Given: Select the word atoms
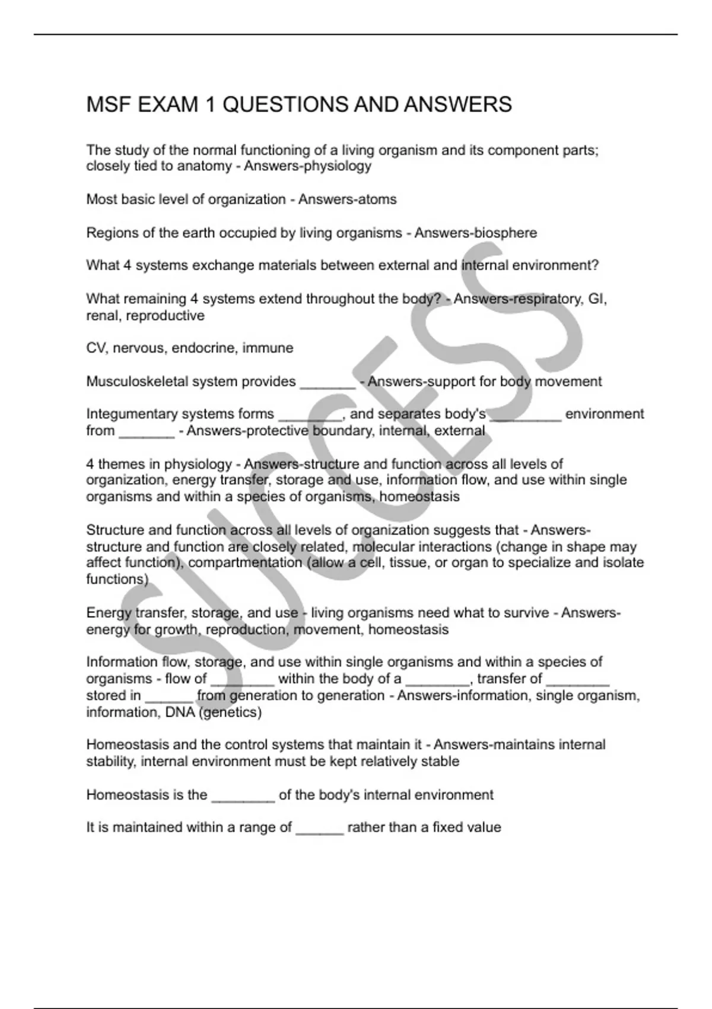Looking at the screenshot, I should (x=377, y=199).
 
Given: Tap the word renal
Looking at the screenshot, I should (x=103, y=316).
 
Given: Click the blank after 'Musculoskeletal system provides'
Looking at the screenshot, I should (x=328, y=383).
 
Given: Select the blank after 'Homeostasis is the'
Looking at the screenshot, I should (x=243, y=797).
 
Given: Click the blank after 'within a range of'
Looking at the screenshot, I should (x=319, y=830).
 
